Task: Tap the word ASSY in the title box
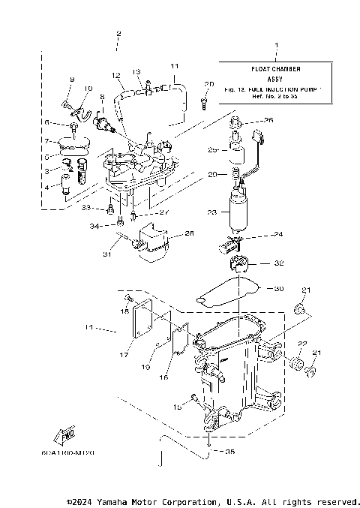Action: (x=274, y=77)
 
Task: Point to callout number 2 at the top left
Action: (x=118, y=35)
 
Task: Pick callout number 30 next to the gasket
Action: (x=279, y=288)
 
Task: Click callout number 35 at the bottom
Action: (x=229, y=452)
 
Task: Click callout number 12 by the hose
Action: (x=116, y=76)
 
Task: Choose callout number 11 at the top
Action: (x=174, y=66)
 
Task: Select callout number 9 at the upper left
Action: (x=72, y=80)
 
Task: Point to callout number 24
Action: (x=278, y=235)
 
